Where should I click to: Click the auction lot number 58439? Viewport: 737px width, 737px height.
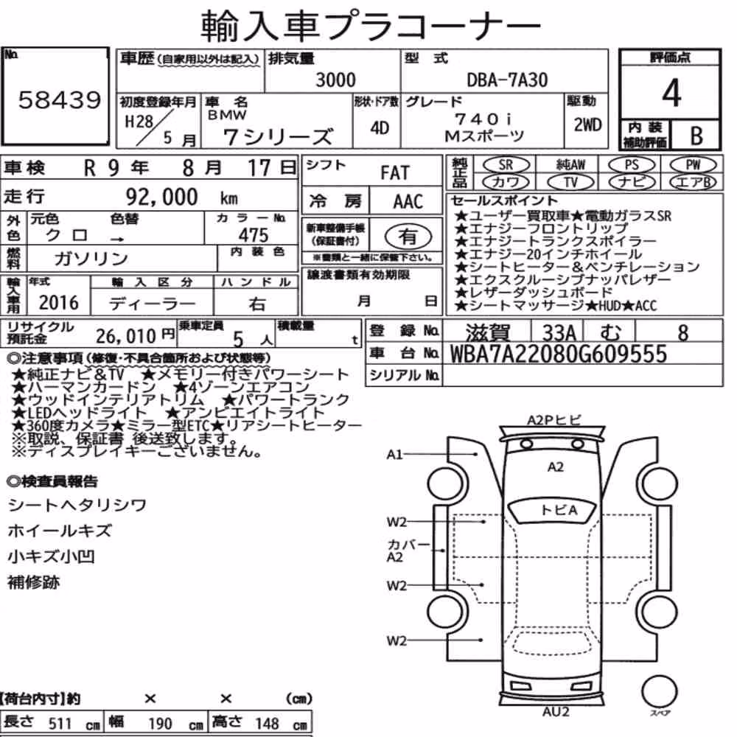(60, 99)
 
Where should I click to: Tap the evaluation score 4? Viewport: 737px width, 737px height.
(671, 93)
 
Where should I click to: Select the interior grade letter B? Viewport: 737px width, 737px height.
(696, 136)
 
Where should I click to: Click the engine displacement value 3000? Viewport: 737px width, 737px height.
(335, 80)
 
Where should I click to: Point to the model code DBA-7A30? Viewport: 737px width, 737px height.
(507, 80)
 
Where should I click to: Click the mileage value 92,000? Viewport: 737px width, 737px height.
(161, 197)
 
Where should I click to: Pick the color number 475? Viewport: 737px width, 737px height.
(254, 235)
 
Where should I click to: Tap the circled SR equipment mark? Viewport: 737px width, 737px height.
(506, 165)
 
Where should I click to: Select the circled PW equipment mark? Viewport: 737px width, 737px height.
(693, 164)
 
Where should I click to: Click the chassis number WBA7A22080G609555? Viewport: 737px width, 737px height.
(559, 354)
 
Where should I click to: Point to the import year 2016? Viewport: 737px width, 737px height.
(59, 303)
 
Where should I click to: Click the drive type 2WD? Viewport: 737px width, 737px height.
(587, 125)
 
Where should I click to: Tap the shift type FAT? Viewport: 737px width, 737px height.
(395, 173)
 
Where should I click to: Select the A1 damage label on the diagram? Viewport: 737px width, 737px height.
(394, 455)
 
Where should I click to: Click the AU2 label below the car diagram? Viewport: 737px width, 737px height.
(556, 712)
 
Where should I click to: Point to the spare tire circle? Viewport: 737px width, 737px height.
(660, 691)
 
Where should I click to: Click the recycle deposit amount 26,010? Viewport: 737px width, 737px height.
(126, 336)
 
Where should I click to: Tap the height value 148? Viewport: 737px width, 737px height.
(267, 724)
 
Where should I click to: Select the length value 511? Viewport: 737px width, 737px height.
(60, 724)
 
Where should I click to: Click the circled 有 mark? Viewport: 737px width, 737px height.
(408, 236)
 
